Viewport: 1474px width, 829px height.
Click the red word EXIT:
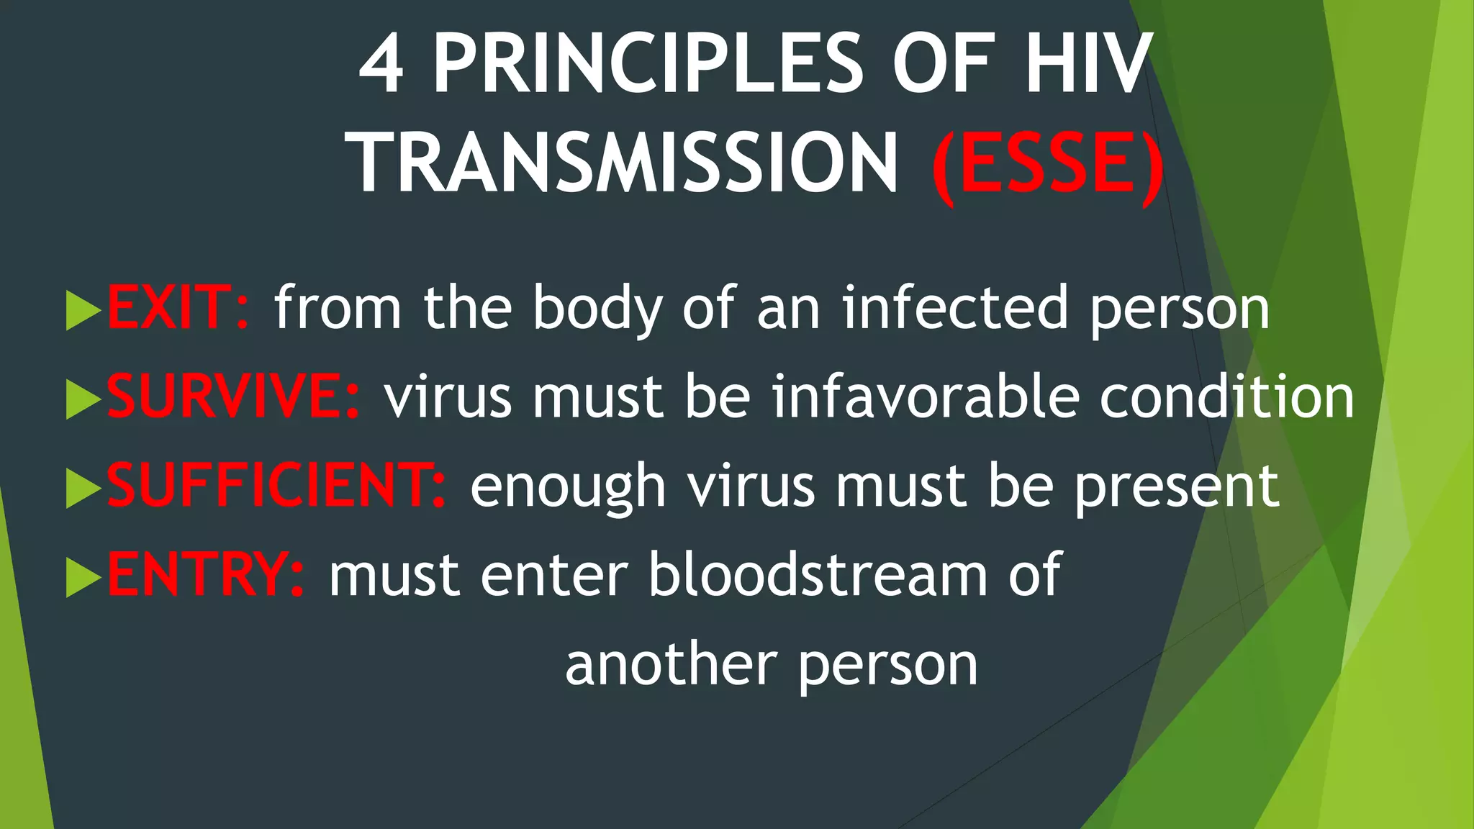coord(177,308)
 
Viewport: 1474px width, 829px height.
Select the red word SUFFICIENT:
coord(276,486)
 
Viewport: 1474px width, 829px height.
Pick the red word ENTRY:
coord(206,574)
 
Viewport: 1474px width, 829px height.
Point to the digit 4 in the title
coord(382,65)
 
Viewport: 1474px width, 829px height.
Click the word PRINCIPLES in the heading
coord(648,65)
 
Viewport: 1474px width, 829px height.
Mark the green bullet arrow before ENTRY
coord(82,577)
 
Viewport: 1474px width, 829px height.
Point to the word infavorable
coord(926,397)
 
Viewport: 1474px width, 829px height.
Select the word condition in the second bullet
coord(1226,397)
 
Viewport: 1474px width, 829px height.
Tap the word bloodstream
coord(818,574)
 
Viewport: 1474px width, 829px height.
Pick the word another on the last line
coord(671,663)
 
